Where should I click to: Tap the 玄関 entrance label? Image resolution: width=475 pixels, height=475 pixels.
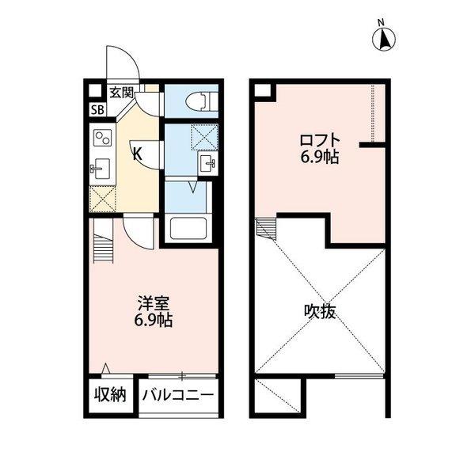[120, 92]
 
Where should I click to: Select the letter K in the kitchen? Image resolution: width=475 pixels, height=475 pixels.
[137, 154]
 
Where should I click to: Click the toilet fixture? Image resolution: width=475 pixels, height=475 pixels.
[200, 101]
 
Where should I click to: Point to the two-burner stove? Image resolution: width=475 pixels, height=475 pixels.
[103, 139]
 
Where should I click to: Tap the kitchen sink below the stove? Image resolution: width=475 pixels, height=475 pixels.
[101, 167]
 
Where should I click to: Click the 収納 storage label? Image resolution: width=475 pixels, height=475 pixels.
[111, 394]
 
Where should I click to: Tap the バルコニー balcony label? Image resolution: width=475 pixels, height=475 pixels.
[179, 394]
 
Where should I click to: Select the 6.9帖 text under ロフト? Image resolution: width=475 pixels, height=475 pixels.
[319, 157]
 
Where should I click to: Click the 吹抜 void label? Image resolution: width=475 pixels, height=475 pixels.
[320, 311]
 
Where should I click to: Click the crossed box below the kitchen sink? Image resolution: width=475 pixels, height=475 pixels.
[103, 198]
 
